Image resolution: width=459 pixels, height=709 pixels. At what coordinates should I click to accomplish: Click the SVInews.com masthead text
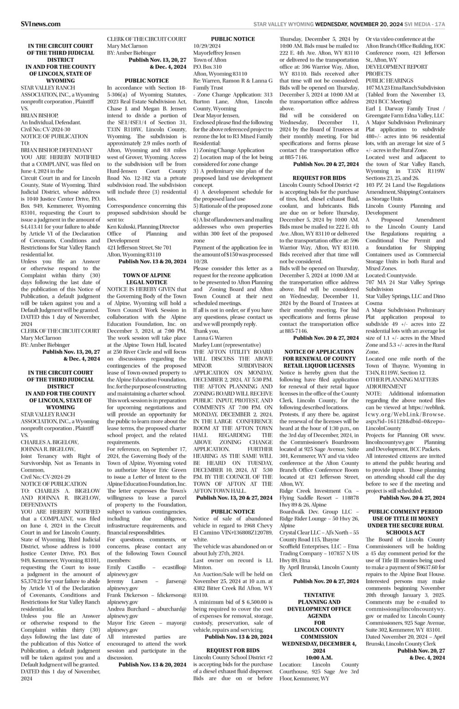pyautogui.click(x=41, y=24)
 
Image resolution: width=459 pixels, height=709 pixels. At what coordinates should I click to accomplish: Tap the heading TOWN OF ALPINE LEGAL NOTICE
pyautogui.click(x=146, y=278)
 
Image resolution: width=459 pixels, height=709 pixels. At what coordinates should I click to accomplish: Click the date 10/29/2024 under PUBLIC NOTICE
pyautogui.click(x=207, y=46)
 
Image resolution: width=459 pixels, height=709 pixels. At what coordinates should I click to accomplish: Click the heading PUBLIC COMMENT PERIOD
pyautogui.click(x=405, y=512)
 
